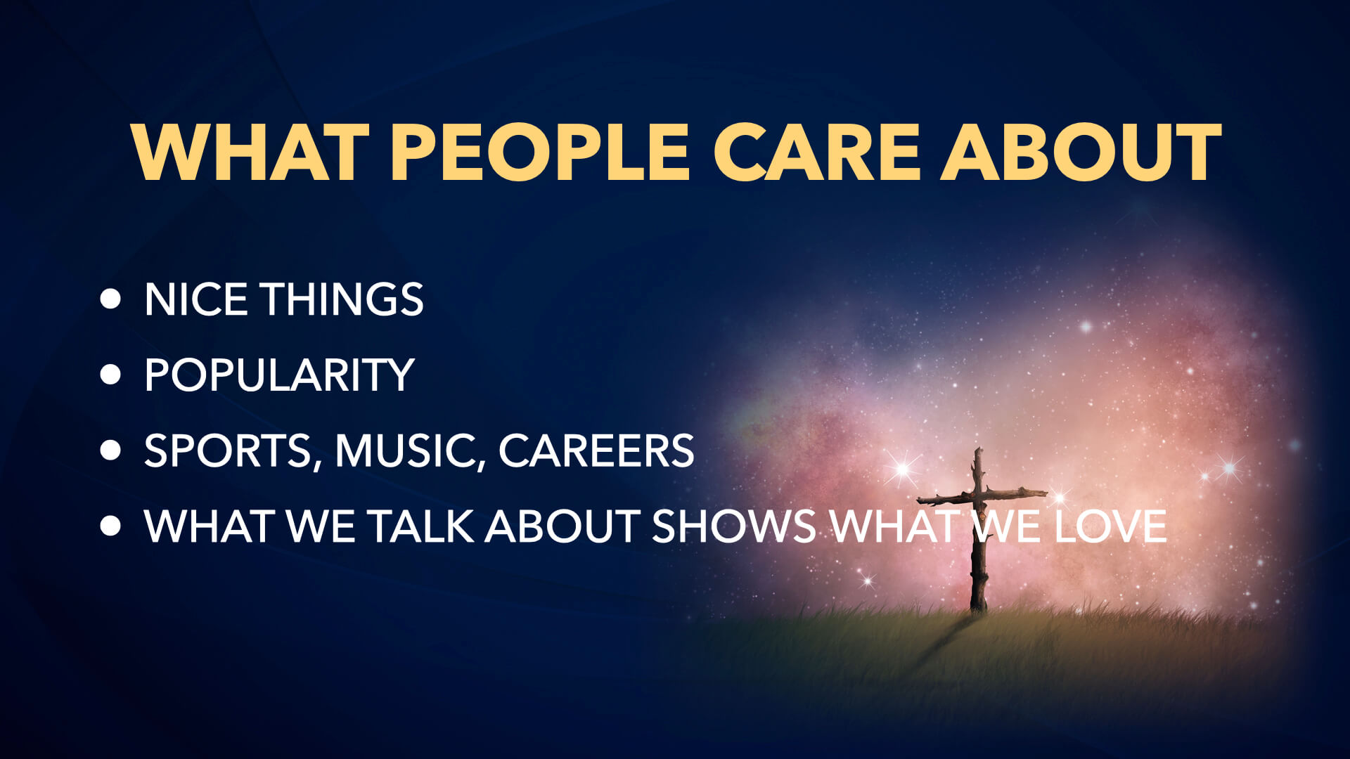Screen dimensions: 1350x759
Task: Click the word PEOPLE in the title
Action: (x=541, y=152)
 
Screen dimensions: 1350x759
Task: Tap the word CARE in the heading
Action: (x=817, y=152)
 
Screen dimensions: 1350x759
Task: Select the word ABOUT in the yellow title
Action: (x=1081, y=152)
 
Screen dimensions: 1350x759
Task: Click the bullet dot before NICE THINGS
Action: (x=110, y=299)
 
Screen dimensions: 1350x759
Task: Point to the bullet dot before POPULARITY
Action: (x=110, y=374)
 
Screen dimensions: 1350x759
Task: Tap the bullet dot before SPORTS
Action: (x=110, y=450)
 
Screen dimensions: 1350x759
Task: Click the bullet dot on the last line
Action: (x=110, y=526)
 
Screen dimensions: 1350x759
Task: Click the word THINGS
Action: (x=342, y=299)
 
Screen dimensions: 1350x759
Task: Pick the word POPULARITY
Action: (x=279, y=375)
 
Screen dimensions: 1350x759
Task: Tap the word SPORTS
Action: (x=229, y=450)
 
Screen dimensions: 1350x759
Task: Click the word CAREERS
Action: (x=596, y=450)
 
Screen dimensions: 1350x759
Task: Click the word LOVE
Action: (x=1110, y=526)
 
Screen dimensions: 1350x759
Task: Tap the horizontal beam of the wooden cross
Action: (x=982, y=496)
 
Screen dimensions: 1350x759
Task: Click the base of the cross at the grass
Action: (x=977, y=609)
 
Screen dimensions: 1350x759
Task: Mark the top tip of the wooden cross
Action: (x=977, y=448)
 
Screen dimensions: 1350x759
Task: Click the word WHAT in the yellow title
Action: (x=250, y=152)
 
